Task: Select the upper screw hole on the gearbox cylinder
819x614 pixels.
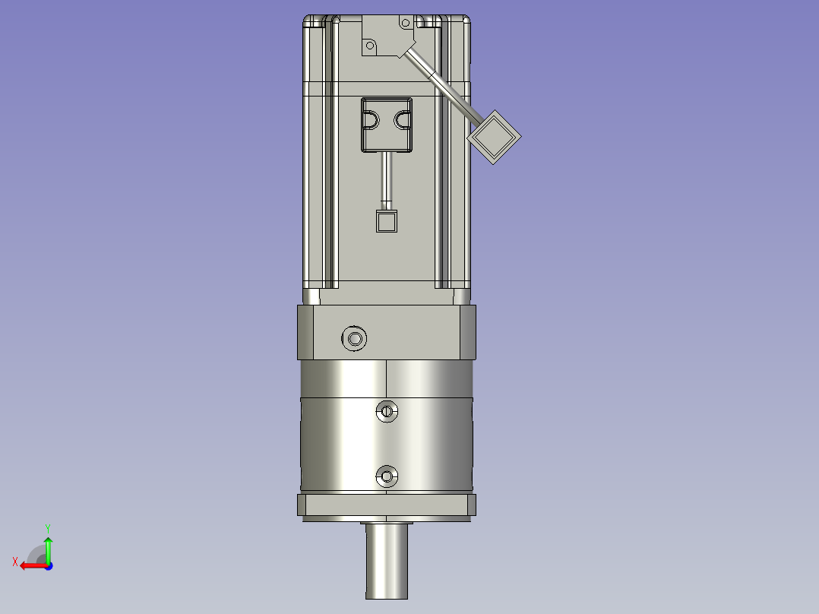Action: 387,411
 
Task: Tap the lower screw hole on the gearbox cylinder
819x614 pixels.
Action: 387,476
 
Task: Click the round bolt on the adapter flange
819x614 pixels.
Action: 354,338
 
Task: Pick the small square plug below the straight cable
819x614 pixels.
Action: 387,221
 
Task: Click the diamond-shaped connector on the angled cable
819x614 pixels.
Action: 494,136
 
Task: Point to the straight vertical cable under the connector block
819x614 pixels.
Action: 387,179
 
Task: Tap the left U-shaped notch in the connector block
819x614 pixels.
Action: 371,120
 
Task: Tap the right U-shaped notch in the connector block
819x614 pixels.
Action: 403,120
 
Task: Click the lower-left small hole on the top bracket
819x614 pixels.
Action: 371,46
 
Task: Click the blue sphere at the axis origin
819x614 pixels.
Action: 48,565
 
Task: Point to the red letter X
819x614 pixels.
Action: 14,562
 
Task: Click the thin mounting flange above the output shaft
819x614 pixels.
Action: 387,505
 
